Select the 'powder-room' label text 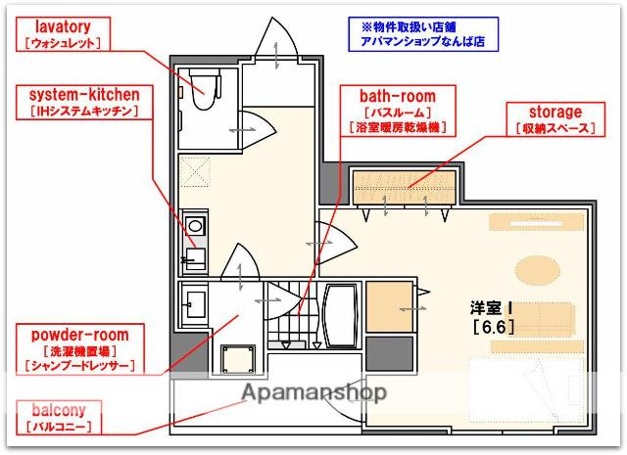(78, 335)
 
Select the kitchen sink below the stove (194, 258)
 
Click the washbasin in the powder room (193, 300)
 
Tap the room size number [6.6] (492, 327)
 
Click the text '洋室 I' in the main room (492, 306)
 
